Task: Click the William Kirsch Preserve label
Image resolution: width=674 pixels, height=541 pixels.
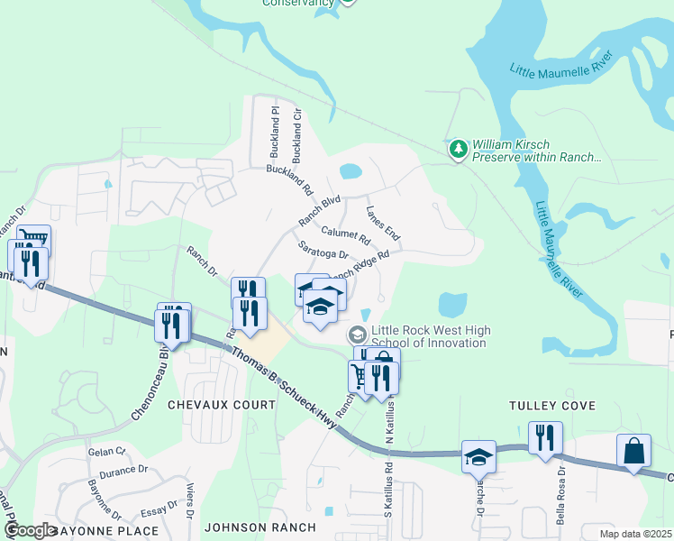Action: (x=536, y=151)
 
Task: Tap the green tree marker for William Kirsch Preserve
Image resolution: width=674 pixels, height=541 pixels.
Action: (x=460, y=149)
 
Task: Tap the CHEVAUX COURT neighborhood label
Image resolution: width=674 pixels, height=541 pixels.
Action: (x=222, y=405)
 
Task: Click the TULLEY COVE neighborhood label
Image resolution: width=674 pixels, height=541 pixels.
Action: (x=552, y=406)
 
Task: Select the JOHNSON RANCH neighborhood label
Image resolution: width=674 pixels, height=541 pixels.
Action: (x=260, y=527)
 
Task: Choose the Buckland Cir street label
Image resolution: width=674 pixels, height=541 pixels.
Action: (x=297, y=132)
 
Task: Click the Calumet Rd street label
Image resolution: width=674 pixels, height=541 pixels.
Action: (x=345, y=236)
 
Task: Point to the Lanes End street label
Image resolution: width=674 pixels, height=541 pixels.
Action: (x=383, y=223)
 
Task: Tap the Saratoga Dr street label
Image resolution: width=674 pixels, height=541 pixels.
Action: (x=323, y=250)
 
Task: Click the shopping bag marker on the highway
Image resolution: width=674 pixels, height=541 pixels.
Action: (x=633, y=450)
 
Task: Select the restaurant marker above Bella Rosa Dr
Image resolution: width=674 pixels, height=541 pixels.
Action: (x=545, y=438)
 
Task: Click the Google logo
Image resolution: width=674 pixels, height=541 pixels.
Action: (x=30, y=530)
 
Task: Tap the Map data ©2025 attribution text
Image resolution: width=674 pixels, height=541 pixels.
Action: (x=635, y=534)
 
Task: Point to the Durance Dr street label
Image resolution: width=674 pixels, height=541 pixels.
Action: (x=123, y=471)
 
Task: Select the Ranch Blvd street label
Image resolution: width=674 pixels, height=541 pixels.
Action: (x=320, y=211)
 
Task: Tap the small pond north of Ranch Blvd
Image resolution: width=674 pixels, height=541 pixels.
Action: (x=351, y=170)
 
